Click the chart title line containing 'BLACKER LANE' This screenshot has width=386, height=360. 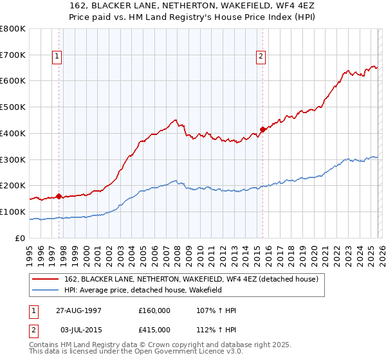192,6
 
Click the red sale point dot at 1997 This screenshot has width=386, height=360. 59,196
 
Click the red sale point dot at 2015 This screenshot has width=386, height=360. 262,129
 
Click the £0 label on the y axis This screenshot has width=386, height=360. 20,238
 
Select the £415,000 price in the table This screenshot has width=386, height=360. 154,328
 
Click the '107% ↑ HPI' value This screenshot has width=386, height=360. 217,310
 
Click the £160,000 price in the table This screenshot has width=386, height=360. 154,310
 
